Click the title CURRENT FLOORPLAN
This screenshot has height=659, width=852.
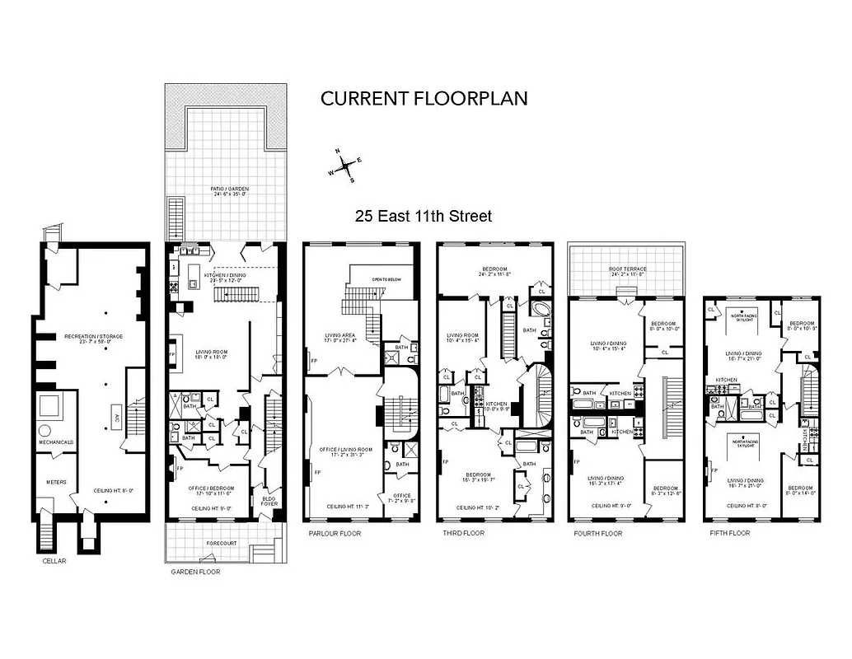pos(424,98)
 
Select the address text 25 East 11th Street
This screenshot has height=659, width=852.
pos(424,217)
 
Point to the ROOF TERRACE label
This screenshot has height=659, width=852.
pos(626,269)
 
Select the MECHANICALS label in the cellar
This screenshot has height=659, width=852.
pos(56,442)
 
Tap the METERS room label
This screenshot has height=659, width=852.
pos(56,483)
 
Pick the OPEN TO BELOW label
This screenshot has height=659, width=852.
pos(386,279)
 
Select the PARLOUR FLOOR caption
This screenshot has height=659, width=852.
pos(335,534)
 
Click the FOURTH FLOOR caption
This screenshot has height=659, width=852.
pos(597,534)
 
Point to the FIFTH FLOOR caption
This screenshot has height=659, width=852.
pos(729,534)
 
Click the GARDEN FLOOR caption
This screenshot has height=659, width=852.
pos(195,571)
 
